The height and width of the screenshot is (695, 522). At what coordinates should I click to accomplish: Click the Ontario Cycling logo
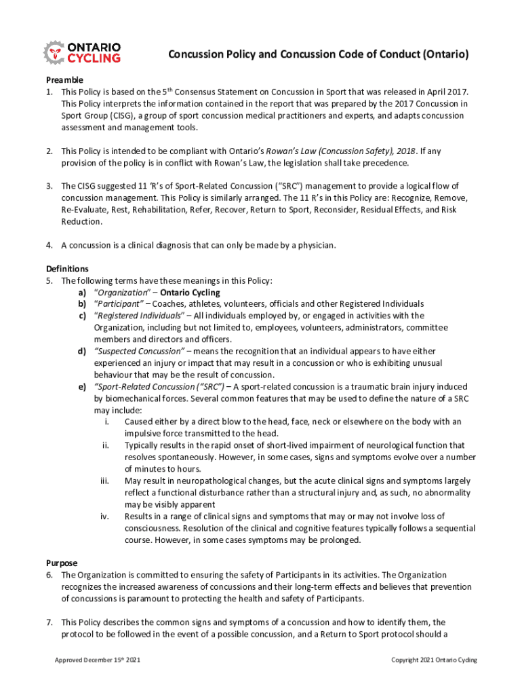pos(82,52)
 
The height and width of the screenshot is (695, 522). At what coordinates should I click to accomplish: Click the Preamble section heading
pos(64,79)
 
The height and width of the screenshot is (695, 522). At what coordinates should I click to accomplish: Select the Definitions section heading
pos(67,269)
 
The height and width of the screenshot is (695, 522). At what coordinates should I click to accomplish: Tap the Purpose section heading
pos(62,563)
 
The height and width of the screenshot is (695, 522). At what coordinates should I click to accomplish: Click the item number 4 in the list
pos(49,245)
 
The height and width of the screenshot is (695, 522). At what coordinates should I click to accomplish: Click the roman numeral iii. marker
pos(104,481)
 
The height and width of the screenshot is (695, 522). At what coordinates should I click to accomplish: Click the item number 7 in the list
pos(49,622)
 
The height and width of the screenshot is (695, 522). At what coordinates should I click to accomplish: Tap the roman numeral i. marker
pos(107,421)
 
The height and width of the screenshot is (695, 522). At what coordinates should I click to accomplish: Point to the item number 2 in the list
pos(49,151)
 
